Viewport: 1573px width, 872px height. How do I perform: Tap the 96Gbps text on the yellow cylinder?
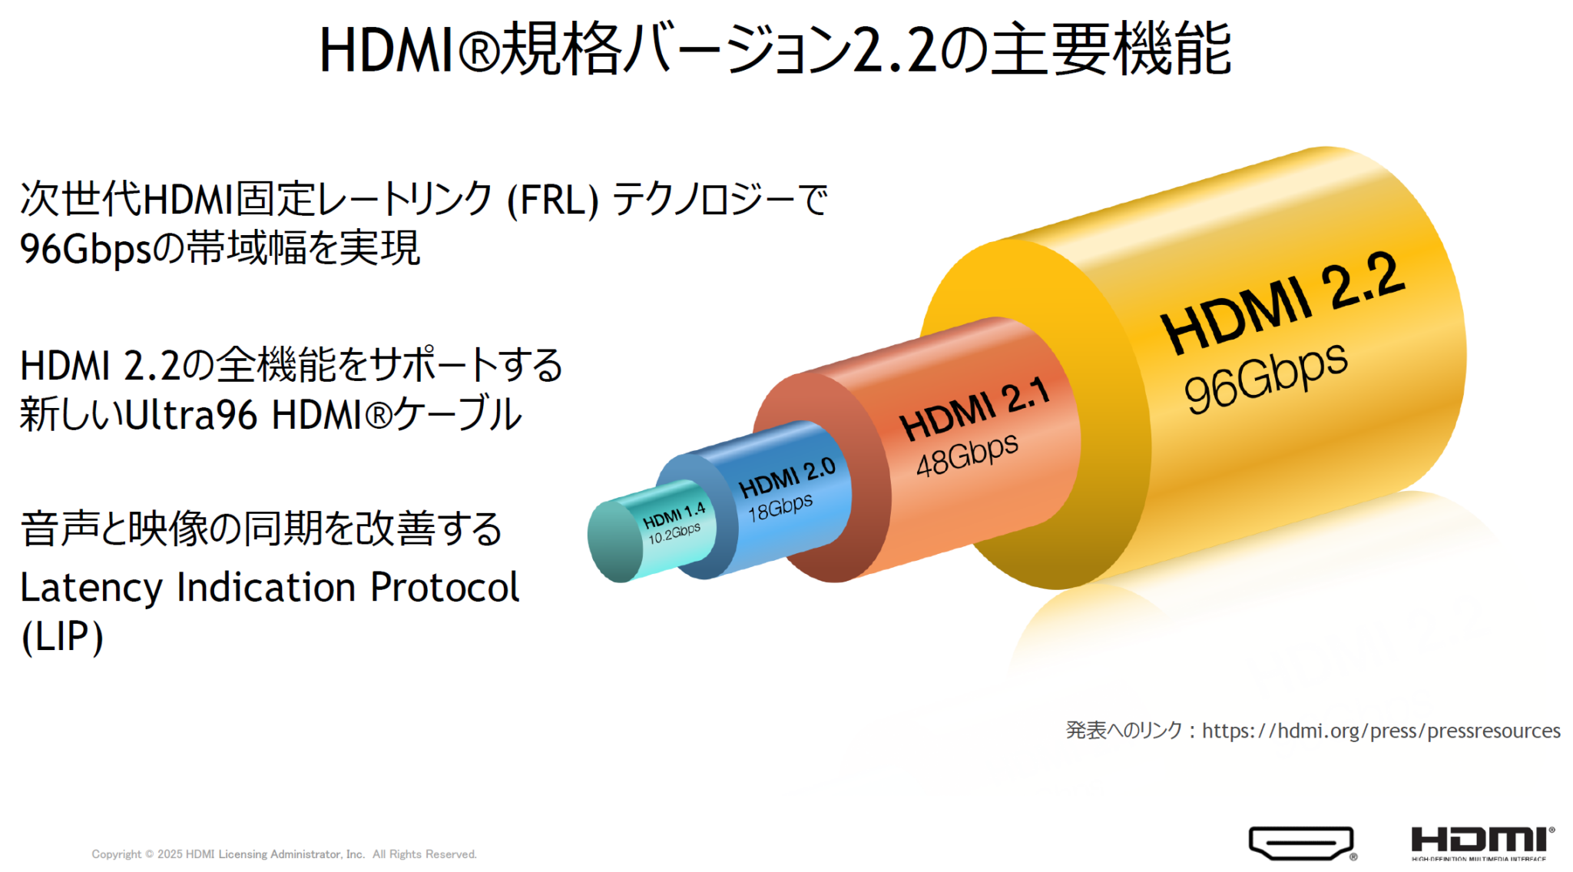pyautogui.click(x=1265, y=377)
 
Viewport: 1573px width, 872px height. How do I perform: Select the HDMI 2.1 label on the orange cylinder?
pyautogui.click(x=974, y=409)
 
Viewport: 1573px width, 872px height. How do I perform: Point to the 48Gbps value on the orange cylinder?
pyautogui.click(x=967, y=455)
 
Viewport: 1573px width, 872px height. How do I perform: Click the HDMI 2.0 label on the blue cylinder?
pyautogui.click(x=786, y=477)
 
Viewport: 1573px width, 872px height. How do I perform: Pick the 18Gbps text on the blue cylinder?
pyautogui.click(x=780, y=508)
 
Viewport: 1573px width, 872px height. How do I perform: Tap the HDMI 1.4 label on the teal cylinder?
pyautogui.click(x=674, y=515)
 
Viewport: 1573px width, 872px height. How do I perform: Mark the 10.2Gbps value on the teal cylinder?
pyautogui.click(x=674, y=533)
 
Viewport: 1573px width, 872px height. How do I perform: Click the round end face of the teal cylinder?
pyautogui.click(x=615, y=541)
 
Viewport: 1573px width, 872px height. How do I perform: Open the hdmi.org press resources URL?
pyautogui.click(x=1381, y=730)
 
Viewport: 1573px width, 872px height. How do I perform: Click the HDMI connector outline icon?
pyautogui.click(x=1302, y=843)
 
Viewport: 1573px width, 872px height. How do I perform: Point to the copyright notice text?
pyautogui.click(x=284, y=854)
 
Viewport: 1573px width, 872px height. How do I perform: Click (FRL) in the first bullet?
pyautogui.click(x=552, y=200)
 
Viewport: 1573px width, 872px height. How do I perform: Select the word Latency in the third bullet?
pyautogui.click(x=91, y=588)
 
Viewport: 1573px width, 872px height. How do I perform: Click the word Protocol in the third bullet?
pyautogui.click(x=445, y=587)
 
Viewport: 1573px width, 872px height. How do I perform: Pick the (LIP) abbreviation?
pyautogui.click(x=62, y=636)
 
